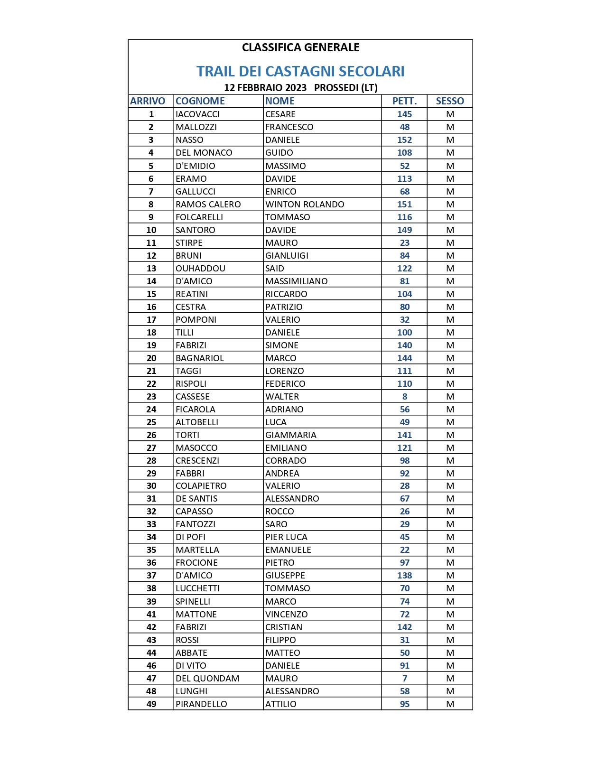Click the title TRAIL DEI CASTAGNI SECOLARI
pos(300,71)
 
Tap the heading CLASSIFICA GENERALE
pos(300,47)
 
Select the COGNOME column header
pos(200,101)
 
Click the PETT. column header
pos(404,101)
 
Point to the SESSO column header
pos(450,101)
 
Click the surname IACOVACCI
pos(198,114)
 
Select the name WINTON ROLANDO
pos(305,205)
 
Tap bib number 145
pos(404,114)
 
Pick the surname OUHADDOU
pos(200,269)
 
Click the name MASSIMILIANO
pos(297,281)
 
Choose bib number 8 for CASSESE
pos(404,397)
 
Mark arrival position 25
pos(151,422)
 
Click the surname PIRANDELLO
pos(201,704)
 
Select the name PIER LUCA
pos(286,537)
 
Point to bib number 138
pos(404,576)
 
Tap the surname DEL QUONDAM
pos(207,679)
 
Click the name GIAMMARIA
pos(291,435)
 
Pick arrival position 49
pos(151,704)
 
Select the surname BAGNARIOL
pos(200,358)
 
